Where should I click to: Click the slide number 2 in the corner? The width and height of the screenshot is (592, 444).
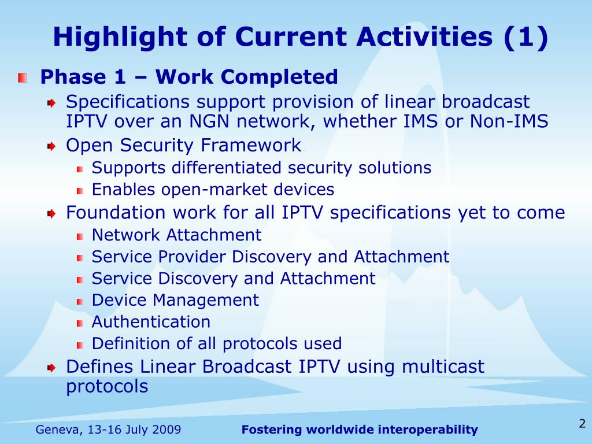coord(582,423)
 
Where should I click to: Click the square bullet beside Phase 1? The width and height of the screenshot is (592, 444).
coord(23,78)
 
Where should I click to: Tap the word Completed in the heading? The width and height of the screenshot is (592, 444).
coord(279,77)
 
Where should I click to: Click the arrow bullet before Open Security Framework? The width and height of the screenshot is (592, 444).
coord(51,146)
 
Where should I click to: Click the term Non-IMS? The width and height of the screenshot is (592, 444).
coord(509,121)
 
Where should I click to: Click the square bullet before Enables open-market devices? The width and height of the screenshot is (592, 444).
coord(80,191)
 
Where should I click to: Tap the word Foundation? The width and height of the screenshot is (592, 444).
coord(116,213)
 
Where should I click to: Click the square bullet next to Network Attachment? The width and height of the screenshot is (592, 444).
coord(80,236)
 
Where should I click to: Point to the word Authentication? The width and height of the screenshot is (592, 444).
coord(151,322)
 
